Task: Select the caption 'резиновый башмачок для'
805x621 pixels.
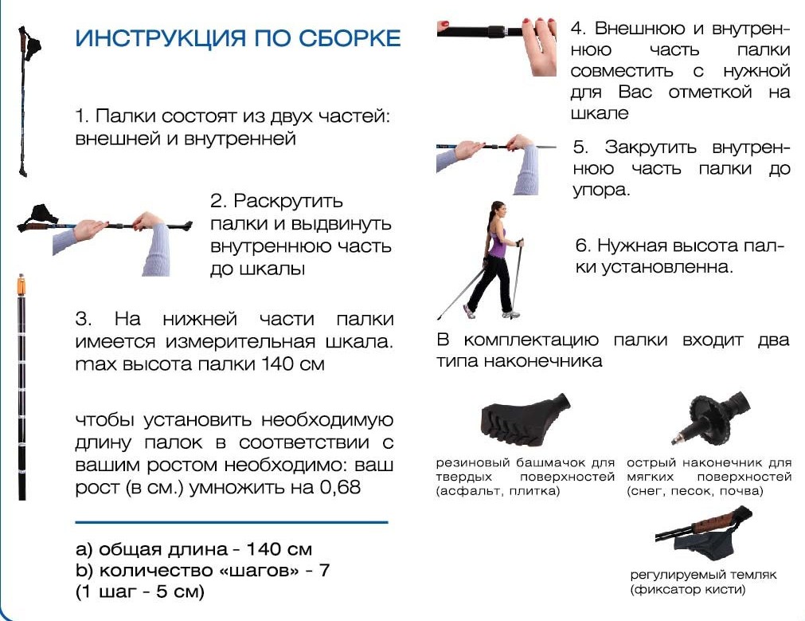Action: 526,462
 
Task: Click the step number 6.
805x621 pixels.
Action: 581,246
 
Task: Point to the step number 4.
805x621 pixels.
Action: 579,29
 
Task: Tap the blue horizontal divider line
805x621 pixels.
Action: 231,522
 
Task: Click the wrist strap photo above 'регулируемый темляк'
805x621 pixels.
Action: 701,535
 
